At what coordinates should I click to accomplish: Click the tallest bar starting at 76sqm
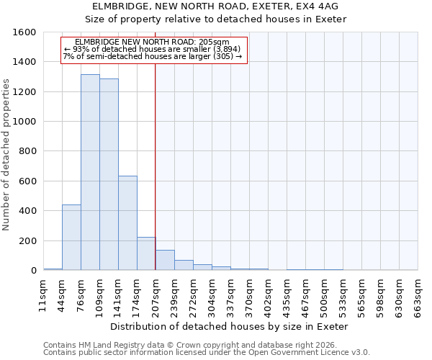90,173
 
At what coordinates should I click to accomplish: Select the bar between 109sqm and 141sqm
109,175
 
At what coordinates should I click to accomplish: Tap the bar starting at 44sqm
71,238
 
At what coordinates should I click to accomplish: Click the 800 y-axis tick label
27,152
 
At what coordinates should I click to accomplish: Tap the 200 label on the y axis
27,241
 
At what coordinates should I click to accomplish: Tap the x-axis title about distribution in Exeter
230,326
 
